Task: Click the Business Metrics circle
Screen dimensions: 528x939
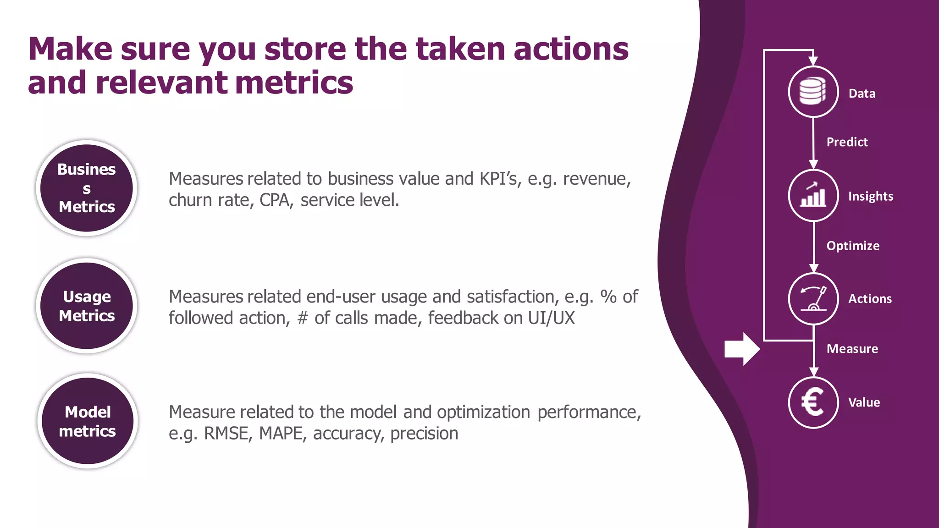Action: (87, 188)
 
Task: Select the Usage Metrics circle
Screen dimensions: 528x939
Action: (87, 306)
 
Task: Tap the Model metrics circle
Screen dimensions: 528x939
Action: (88, 421)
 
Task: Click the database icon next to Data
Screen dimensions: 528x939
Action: (813, 92)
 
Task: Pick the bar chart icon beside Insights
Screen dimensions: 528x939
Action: (813, 195)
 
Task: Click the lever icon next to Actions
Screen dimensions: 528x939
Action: (813, 299)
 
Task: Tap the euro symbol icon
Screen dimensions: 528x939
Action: (813, 402)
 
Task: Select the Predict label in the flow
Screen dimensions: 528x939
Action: (847, 142)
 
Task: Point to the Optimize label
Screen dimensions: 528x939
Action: (853, 246)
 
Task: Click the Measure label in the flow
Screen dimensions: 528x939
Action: (852, 349)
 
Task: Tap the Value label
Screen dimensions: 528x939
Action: (864, 402)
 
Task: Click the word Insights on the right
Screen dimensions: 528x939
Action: (870, 196)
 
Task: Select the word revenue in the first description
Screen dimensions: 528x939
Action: (596, 179)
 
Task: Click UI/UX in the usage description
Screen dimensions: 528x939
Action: (551, 318)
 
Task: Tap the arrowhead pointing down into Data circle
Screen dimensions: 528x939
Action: (813, 61)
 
